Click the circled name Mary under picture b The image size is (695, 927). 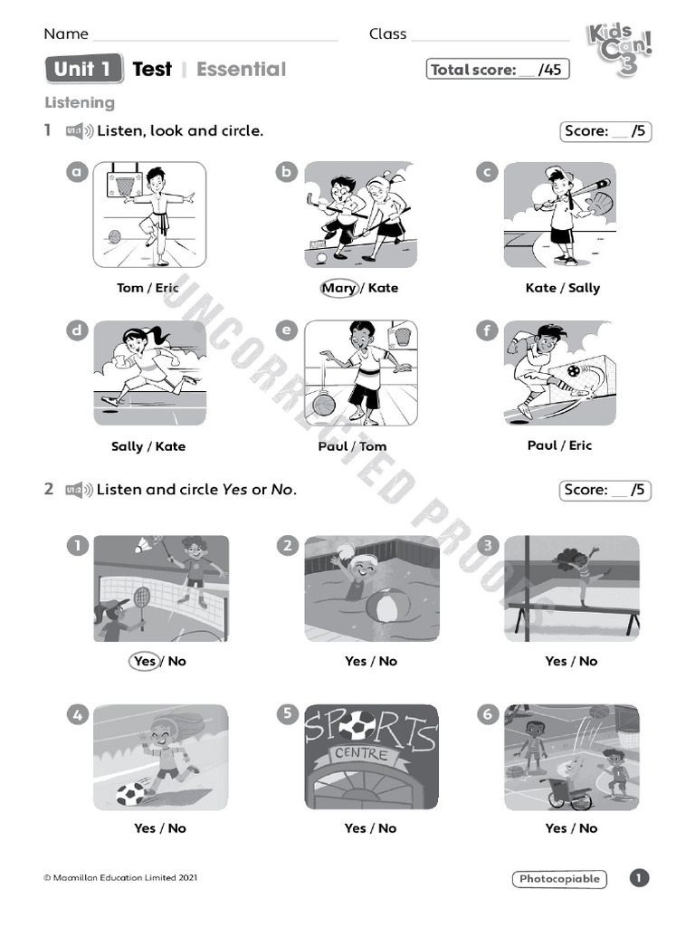(338, 288)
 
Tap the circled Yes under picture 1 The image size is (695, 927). (145, 661)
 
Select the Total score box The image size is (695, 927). (498, 70)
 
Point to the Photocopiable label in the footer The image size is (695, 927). (559, 878)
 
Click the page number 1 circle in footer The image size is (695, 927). (639, 878)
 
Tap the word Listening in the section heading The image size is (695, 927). (80, 103)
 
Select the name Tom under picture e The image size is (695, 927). (373, 446)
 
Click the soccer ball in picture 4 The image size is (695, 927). (129, 794)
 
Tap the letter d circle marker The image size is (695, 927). (77, 330)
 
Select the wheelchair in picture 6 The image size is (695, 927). (567, 793)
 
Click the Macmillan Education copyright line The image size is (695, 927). (120, 877)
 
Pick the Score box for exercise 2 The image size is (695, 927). (605, 490)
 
